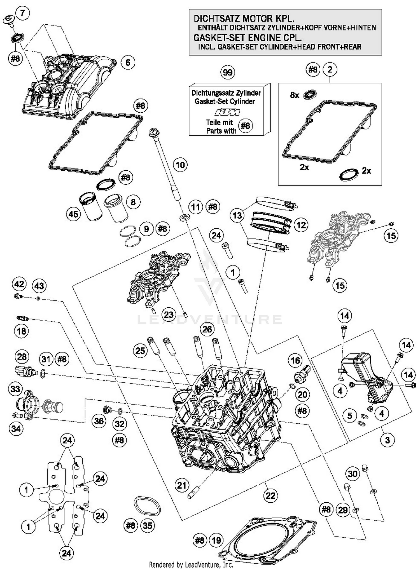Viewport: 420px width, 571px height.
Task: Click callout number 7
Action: click(23, 13)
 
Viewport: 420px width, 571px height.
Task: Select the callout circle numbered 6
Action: click(128, 62)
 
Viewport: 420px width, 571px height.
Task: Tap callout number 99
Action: click(227, 72)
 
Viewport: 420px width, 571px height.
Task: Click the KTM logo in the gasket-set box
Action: click(227, 112)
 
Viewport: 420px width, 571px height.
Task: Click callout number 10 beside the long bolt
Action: click(180, 165)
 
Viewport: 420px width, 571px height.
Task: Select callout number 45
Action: click(73, 214)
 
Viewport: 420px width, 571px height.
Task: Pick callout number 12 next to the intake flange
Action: click(301, 225)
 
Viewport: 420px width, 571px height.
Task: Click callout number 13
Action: click(237, 215)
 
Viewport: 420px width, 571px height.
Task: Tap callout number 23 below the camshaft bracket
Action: click(168, 315)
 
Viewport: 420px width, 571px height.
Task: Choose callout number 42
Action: click(19, 284)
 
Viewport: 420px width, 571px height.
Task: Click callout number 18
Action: click(22, 331)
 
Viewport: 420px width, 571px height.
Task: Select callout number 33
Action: click(15, 389)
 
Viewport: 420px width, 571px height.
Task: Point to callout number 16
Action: click(295, 360)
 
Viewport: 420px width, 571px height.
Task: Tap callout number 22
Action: click(270, 496)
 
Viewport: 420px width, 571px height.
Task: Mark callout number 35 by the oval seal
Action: click(147, 525)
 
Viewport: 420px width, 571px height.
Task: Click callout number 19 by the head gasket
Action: click(216, 540)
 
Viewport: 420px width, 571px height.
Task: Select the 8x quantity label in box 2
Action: click(295, 95)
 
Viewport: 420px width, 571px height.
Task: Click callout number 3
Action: click(387, 440)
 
